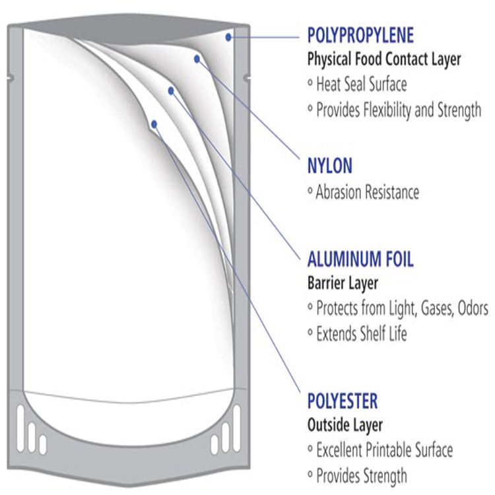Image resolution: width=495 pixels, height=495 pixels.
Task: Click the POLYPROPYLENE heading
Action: (x=360, y=35)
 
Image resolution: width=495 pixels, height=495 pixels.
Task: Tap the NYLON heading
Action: (x=330, y=165)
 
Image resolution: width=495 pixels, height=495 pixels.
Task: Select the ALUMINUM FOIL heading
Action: (x=360, y=259)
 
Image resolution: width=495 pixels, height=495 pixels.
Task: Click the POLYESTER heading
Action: (x=343, y=401)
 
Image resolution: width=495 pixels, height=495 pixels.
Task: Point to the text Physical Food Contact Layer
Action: (x=384, y=59)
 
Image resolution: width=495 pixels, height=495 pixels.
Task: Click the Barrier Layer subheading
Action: (x=343, y=284)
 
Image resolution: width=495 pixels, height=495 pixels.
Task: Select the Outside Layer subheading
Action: (x=345, y=425)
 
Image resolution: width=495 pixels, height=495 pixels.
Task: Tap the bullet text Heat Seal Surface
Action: (x=361, y=84)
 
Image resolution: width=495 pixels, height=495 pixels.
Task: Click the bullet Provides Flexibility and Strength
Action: (x=399, y=110)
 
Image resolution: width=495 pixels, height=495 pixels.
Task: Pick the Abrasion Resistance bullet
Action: (x=367, y=193)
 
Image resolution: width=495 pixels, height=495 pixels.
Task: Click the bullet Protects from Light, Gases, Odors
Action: (x=402, y=308)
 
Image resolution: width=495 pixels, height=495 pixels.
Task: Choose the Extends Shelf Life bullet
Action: (x=361, y=333)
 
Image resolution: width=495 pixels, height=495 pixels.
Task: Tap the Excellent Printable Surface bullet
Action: (x=384, y=450)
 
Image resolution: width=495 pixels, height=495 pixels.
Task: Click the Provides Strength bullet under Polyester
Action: (x=361, y=475)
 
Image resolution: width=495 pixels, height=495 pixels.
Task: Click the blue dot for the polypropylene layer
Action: (x=228, y=38)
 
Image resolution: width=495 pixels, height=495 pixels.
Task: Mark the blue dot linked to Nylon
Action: (x=197, y=59)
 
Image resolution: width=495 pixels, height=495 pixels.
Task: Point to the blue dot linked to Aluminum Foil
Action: (x=171, y=90)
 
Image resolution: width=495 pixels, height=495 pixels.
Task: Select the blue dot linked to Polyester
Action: (x=154, y=123)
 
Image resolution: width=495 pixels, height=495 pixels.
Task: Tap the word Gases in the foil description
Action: (x=432, y=308)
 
